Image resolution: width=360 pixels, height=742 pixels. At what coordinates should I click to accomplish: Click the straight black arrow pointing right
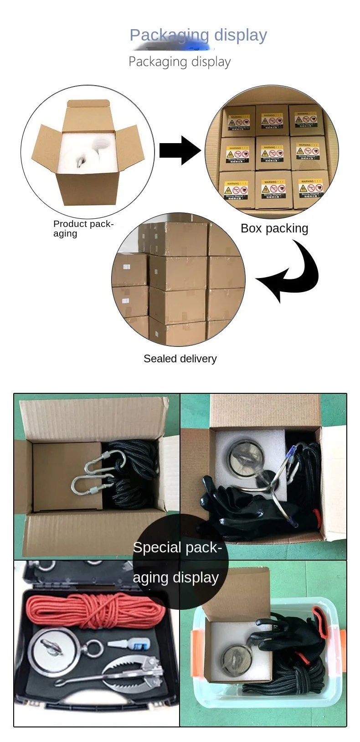pyautogui.click(x=179, y=150)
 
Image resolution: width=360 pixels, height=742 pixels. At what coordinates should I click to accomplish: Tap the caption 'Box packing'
pyautogui.click(x=274, y=228)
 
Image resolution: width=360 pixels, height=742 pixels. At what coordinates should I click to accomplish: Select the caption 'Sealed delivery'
pyautogui.click(x=180, y=359)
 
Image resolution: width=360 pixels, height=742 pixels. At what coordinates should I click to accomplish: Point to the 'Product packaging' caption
pyautogui.click(x=82, y=228)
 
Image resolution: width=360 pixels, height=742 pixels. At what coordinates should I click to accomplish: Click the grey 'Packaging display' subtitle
pyautogui.click(x=180, y=62)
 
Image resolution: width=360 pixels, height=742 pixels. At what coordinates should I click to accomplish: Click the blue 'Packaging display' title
pyautogui.click(x=198, y=35)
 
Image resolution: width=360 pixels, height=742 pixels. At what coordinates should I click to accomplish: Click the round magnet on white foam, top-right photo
pyautogui.click(x=245, y=457)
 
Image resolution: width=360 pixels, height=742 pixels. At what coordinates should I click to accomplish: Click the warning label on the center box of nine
pyautogui.click(x=272, y=153)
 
